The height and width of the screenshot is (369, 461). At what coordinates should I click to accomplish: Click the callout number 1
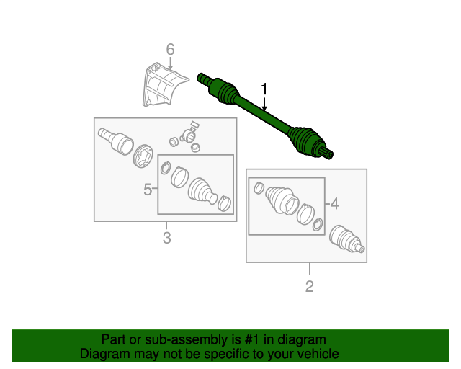(264, 89)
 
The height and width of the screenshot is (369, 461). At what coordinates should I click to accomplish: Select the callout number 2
(309, 286)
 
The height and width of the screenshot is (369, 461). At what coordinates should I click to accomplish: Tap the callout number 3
(166, 238)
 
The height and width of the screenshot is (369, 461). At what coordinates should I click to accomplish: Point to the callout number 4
(334, 204)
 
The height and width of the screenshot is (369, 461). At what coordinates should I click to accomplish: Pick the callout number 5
(148, 190)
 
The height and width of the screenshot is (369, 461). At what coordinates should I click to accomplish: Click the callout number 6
(170, 49)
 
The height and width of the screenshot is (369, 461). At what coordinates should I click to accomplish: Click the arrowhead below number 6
(170, 68)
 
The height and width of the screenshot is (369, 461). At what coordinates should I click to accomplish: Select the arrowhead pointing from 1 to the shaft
(264, 108)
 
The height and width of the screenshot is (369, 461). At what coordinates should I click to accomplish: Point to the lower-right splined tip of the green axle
(326, 152)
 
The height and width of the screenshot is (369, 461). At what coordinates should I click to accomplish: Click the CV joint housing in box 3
(116, 141)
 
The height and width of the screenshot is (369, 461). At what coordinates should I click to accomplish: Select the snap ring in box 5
(166, 168)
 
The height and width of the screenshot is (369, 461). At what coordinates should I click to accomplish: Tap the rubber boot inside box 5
(202, 191)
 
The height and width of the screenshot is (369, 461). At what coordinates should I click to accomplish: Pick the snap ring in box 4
(318, 225)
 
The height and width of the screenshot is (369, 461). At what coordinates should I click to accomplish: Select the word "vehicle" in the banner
(320, 354)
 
